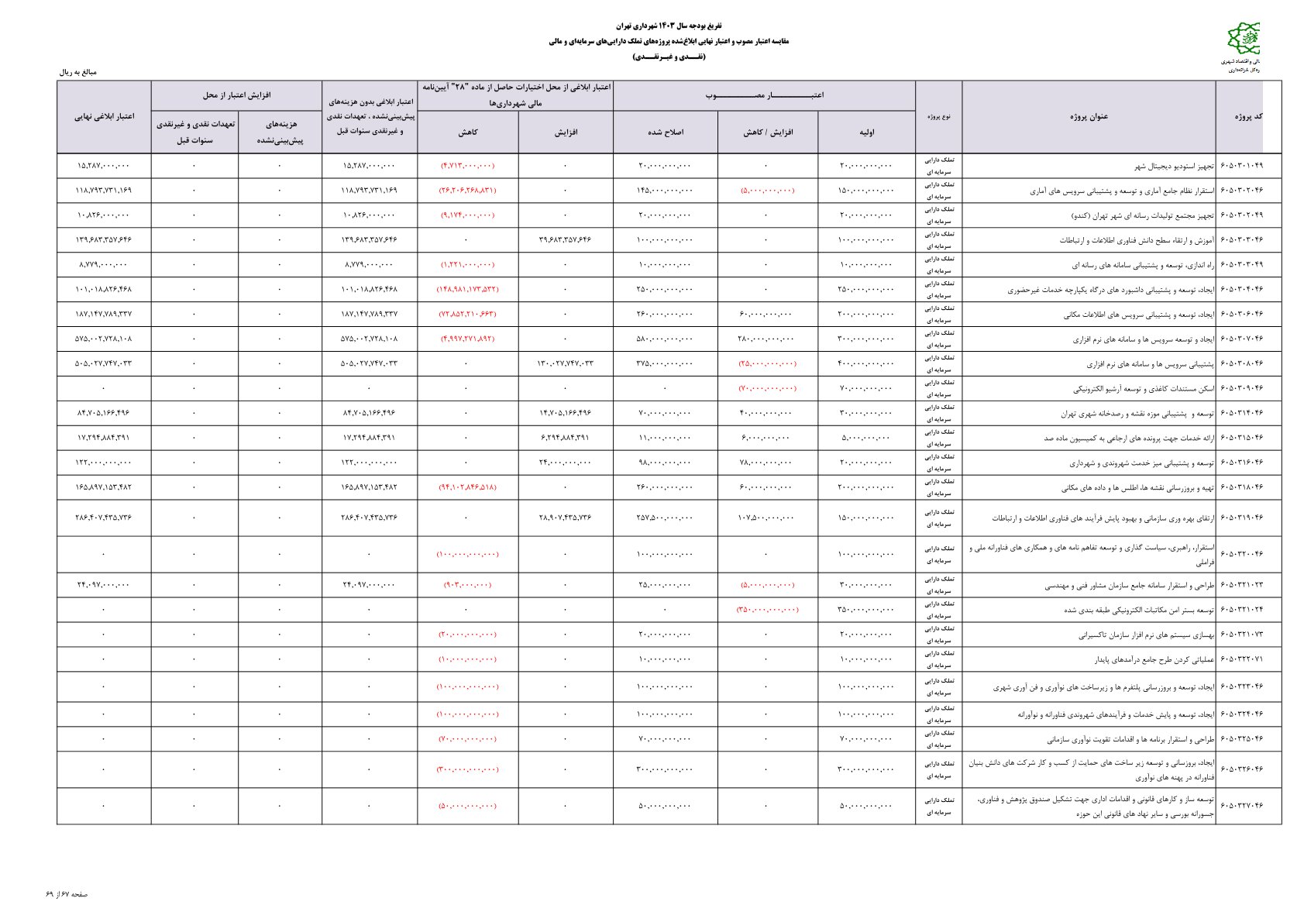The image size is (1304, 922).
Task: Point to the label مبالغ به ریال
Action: coord(78,72)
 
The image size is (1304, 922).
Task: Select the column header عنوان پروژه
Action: coord(1089,117)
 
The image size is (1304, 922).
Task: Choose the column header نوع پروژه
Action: coord(938,117)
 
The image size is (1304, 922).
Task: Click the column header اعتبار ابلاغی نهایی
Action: coord(104,117)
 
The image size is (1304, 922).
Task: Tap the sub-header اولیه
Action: coord(866,132)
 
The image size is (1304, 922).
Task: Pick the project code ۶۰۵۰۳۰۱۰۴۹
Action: coord(1241,166)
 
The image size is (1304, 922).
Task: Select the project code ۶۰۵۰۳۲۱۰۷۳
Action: coord(1241,635)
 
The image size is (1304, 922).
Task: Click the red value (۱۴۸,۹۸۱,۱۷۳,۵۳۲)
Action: coord(467,289)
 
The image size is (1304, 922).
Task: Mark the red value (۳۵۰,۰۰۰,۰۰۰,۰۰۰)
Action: coord(767,611)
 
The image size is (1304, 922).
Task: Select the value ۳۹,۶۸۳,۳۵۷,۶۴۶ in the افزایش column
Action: coord(565,239)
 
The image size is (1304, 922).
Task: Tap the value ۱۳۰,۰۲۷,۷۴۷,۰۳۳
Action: coord(565,363)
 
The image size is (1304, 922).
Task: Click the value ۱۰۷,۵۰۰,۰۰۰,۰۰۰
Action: coord(766,518)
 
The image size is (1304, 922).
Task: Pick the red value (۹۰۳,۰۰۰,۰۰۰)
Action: coord(467,585)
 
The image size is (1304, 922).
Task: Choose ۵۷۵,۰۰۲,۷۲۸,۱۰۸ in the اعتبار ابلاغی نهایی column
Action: coord(104,339)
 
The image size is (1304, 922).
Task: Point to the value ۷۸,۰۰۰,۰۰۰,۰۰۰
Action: coord(766,463)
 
